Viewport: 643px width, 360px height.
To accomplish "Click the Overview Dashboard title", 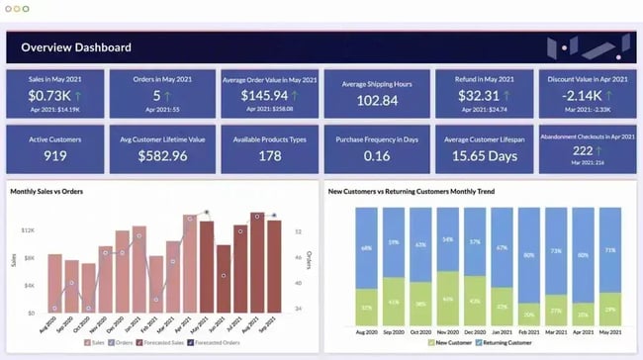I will [76, 47].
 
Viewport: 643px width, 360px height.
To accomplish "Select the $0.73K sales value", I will [46, 95].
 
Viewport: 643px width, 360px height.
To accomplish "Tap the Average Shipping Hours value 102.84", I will [377, 100].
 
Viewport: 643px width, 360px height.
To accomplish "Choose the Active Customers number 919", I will [55, 155].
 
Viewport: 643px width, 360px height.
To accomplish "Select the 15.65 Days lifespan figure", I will [484, 155].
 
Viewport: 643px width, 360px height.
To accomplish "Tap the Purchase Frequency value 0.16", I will [377, 155].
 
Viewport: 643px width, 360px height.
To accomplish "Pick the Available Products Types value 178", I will [269, 155].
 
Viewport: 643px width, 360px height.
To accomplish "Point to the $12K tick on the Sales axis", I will [29, 229].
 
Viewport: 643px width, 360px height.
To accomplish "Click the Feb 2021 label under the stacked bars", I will [528, 332].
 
